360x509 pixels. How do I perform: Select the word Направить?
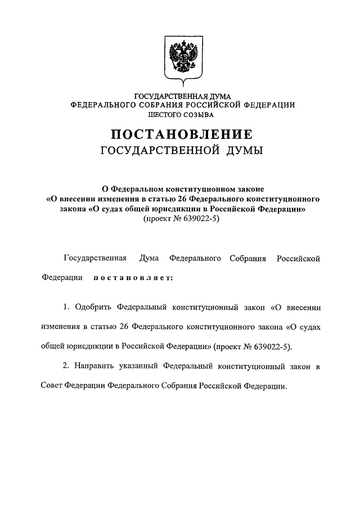(94, 366)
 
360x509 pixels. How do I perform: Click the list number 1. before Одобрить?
(66, 307)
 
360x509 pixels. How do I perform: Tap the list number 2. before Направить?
(66, 366)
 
